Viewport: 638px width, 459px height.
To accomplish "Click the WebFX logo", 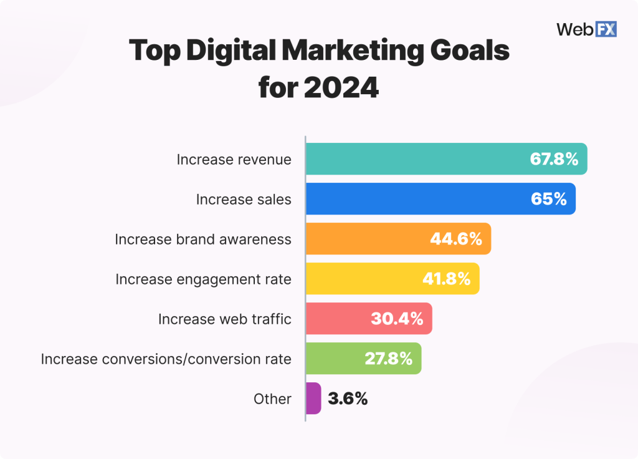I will pos(586,29).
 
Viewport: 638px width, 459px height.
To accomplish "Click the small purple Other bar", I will pos(313,399).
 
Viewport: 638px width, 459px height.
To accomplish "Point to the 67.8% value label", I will pos(555,159).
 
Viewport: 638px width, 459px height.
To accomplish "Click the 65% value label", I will pos(549,199).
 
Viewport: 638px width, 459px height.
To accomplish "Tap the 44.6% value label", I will pos(456,239).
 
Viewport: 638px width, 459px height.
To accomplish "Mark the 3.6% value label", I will pos(348,399).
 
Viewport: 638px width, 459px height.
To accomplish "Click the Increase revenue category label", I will pos(234,159).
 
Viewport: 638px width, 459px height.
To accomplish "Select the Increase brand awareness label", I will pos(203,239).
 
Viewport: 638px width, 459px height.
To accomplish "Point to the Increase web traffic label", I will pos(224,319).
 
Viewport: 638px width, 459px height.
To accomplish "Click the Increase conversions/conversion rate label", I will pos(166,359).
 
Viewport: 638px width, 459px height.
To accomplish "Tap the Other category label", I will pos(272,399).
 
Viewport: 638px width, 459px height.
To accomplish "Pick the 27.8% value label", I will pos(388,359).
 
